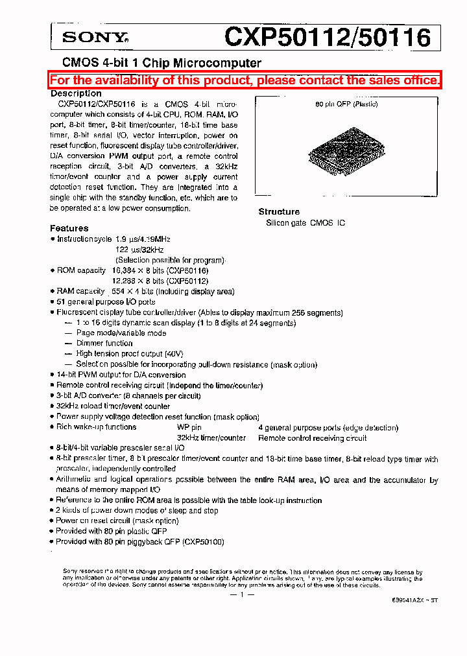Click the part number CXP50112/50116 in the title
coord(327,37)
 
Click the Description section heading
coord(76,93)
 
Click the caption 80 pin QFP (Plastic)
coord(346,104)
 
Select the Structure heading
coord(279,212)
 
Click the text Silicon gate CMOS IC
coord(305,223)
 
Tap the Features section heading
coord(69,228)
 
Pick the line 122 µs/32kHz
coord(139,250)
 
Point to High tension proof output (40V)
coord(129,354)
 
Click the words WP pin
coord(189,428)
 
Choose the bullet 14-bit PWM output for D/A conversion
coord(121,375)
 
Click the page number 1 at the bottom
coord(241,595)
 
